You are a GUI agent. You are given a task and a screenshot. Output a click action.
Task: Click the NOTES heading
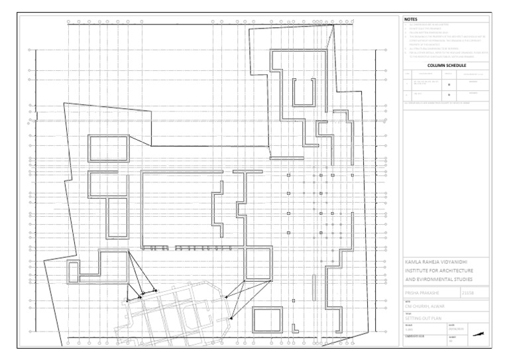point(412,20)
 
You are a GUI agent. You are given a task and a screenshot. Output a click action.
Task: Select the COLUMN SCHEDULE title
point(447,66)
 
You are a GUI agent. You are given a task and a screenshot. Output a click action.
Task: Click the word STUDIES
point(475,280)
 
